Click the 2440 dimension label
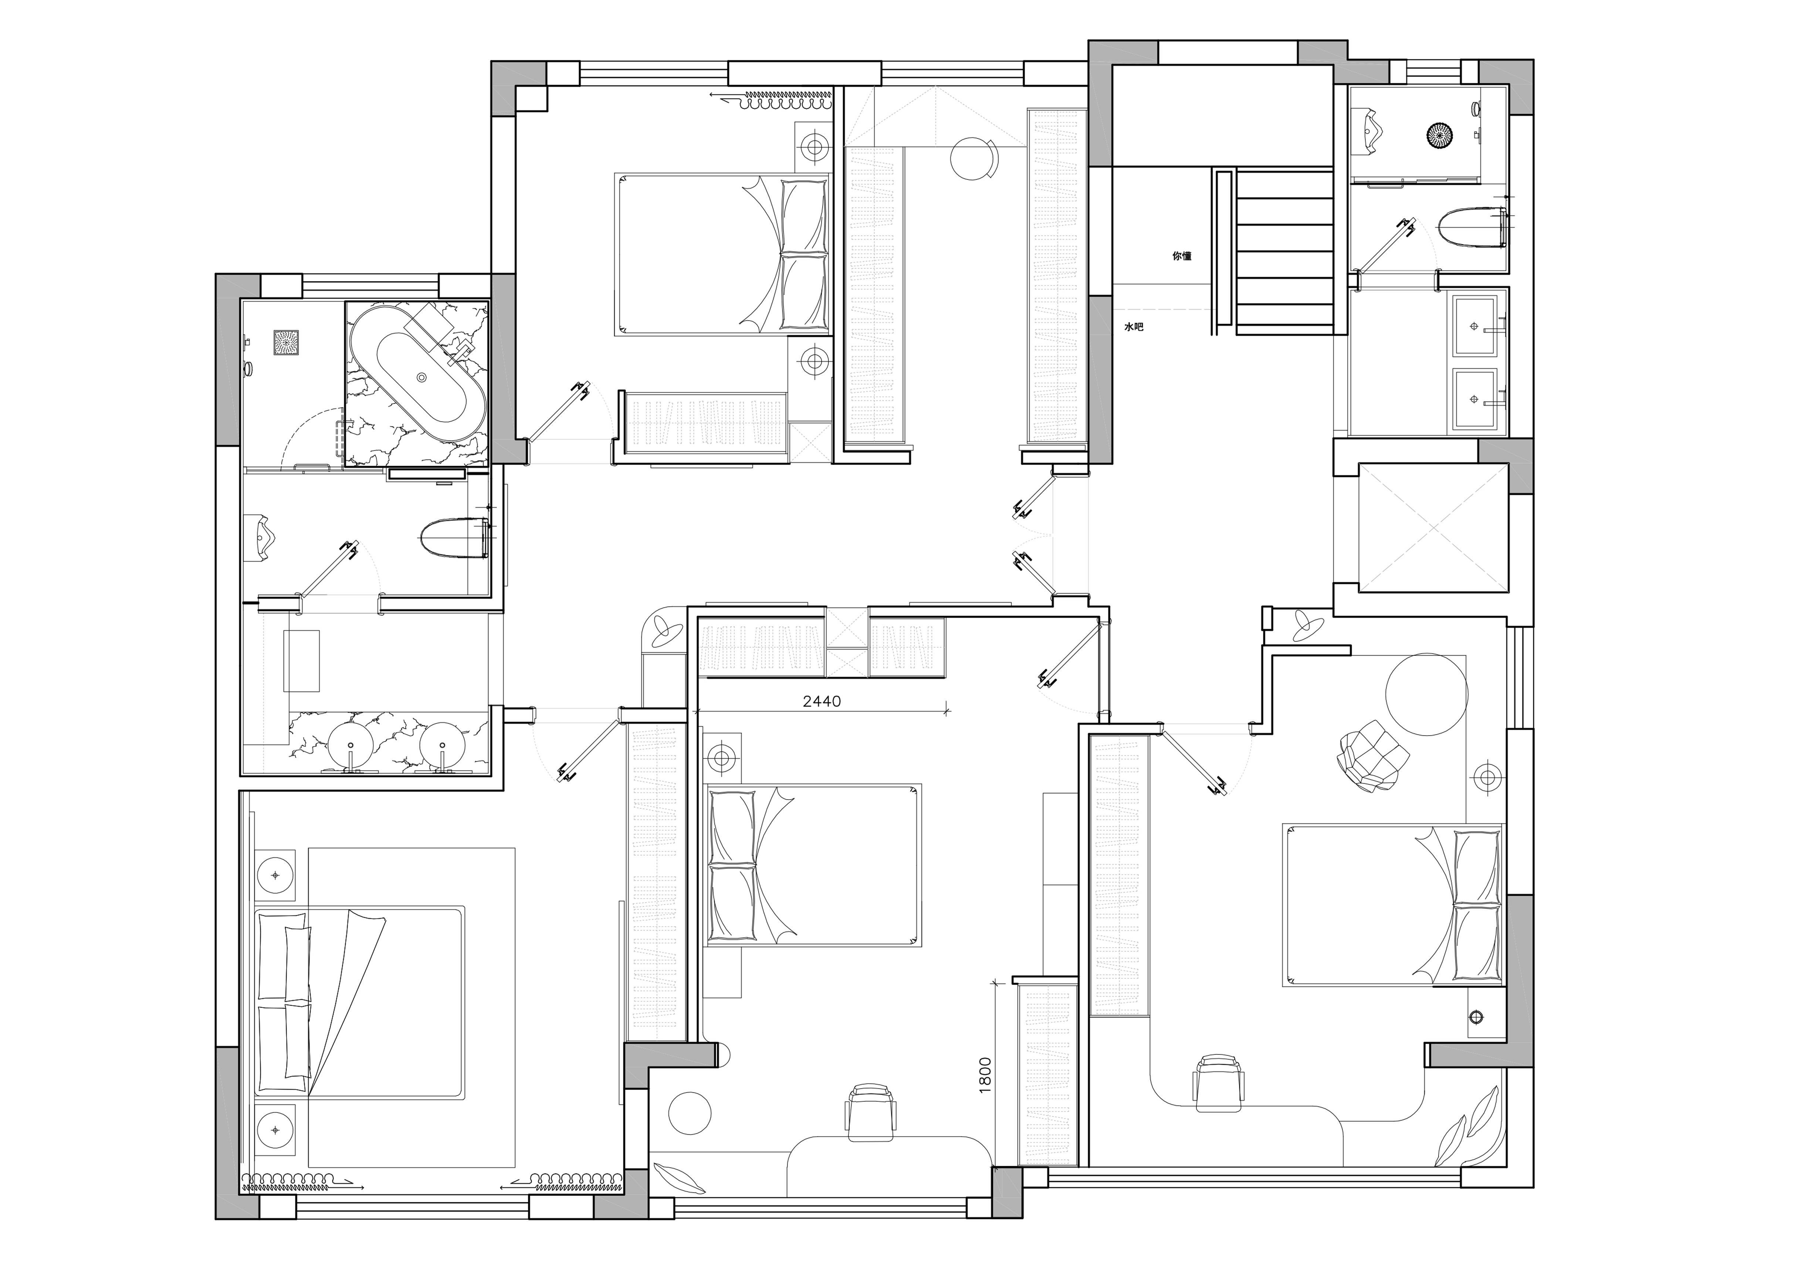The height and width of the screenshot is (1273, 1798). pos(822,702)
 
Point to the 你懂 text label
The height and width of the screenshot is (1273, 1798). pos(1182,256)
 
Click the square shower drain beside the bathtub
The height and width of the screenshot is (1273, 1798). pos(286,343)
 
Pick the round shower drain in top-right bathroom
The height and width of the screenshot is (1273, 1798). pos(1440,135)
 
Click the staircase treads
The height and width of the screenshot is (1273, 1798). pos(1285,251)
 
